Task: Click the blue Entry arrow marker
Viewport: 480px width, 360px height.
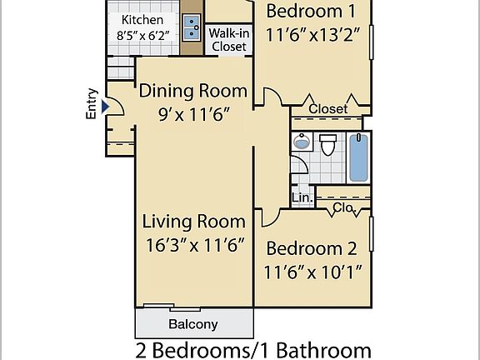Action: tap(105, 107)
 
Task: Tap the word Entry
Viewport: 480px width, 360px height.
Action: tap(92, 104)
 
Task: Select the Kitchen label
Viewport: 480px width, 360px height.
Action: tap(142, 20)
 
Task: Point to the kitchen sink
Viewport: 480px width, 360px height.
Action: tap(192, 27)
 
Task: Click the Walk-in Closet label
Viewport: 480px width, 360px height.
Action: tap(227, 40)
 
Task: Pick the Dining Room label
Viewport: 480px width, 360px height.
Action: tap(193, 90)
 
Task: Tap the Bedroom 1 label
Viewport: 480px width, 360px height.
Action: tap(316, 11)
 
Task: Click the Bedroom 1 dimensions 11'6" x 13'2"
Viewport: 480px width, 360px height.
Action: tap(316, 36)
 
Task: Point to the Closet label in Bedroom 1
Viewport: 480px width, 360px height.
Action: tap(327, 109)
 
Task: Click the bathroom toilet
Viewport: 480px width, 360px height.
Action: tap(328, 145)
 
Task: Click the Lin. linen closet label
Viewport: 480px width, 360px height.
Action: tap(302, 198)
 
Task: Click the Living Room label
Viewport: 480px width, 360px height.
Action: tap(193, 222)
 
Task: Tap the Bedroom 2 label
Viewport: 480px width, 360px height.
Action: tap(311, 248)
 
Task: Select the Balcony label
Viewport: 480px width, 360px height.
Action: tap(193, 325)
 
